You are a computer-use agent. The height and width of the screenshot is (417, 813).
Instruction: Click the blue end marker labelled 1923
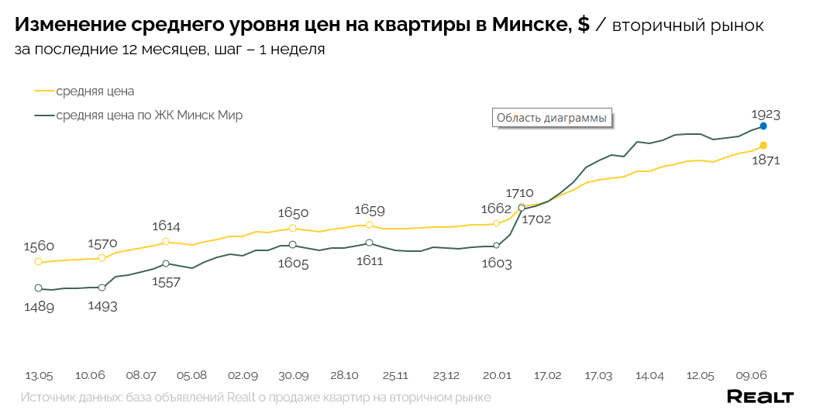click(x=763, y=126)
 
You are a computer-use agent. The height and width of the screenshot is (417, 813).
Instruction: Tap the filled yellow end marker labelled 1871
click(x=763, y=146)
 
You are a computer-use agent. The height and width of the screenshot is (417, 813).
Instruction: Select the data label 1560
click(x=38, y=246)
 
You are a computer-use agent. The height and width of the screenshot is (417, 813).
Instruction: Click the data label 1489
click(x=38, y=307)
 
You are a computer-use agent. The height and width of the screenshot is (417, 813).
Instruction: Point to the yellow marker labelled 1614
click(x=166, y=242)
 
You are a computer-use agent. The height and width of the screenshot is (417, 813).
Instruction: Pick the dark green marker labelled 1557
click(x=166, y=264)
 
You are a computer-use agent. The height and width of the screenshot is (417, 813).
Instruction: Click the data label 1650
click(x=293, y=213)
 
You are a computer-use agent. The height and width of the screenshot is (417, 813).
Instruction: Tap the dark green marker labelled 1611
click(x=369, y=243)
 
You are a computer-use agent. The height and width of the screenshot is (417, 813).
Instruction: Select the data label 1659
click(x=370, y=210)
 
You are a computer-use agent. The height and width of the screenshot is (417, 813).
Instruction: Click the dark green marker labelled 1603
click(x=496, y=246)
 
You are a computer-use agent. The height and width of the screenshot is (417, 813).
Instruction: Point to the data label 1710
click(x=519, y=193)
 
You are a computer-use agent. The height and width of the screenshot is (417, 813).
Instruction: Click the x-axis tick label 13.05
click(x=39, y=375)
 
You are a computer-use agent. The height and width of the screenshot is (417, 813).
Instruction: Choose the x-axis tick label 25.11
click(x=394, y=375)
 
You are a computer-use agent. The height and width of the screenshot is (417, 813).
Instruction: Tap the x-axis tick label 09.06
click(x=751, y=375)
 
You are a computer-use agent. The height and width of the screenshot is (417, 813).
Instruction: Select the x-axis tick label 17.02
click(x=547, y=375)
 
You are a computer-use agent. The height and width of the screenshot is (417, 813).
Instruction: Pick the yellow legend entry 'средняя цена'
click(x=95, y=91)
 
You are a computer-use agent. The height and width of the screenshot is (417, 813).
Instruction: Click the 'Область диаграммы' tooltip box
click(x=551, y=118)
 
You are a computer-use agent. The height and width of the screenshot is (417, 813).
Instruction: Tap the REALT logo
click(x=760, y=397)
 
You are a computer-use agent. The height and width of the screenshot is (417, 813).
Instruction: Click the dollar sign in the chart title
click(x=583, y=25)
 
